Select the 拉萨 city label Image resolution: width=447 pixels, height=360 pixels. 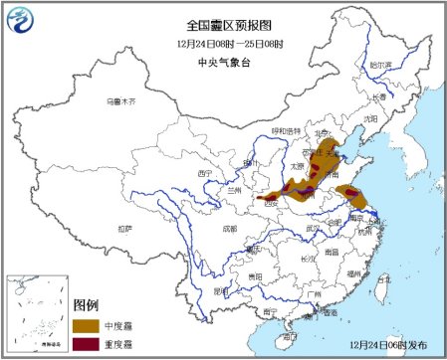pos(122,228)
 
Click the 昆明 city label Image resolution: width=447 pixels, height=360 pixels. pos(223,290)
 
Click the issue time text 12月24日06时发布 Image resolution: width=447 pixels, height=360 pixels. pos(393,343)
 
